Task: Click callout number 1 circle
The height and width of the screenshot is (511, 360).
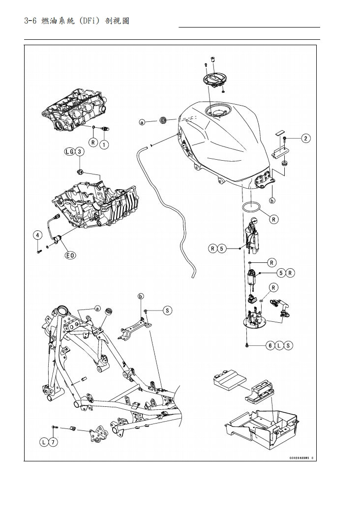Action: [104, 144]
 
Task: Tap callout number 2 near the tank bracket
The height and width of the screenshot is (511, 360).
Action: [306, 139]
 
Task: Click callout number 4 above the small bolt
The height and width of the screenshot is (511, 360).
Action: [37, 235]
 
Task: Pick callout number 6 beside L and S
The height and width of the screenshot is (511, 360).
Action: [270, 346]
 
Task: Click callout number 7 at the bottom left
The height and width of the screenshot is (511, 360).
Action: [53, 442]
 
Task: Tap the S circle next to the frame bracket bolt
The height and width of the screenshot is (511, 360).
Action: [167, 311]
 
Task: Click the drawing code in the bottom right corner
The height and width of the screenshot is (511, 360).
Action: [301, 458]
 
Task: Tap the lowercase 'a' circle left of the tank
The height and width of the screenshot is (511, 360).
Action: [142, 122]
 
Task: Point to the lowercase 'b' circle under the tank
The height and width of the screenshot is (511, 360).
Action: [272, 200]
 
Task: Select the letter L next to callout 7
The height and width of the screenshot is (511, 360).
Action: [44, 442]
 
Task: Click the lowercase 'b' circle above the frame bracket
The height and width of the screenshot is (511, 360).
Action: [141, 296]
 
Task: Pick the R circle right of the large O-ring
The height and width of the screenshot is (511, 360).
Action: [273, 220]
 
